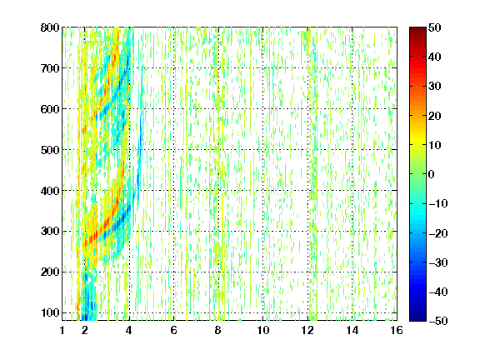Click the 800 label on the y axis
coord(50,27)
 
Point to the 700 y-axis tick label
coord(50,68)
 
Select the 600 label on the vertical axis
coord(50,109)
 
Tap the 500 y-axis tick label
coord(50,150)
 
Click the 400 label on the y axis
coord(50,191)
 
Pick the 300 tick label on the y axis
coord(50,232)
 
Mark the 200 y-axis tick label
coord(50,272)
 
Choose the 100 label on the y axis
coord(50,312)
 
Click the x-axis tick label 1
coord(62,330)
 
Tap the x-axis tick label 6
coord(174,330)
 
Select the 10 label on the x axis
coord(263,330)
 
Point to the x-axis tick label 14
coord(352,330)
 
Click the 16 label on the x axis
coord(397,330)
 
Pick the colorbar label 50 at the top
coord(435,27)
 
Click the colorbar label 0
coord(432,174)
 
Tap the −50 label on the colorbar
coord(438,321)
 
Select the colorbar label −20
coord(438,233)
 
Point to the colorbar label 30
coord(435,87)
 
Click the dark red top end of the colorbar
coord(417,28)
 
